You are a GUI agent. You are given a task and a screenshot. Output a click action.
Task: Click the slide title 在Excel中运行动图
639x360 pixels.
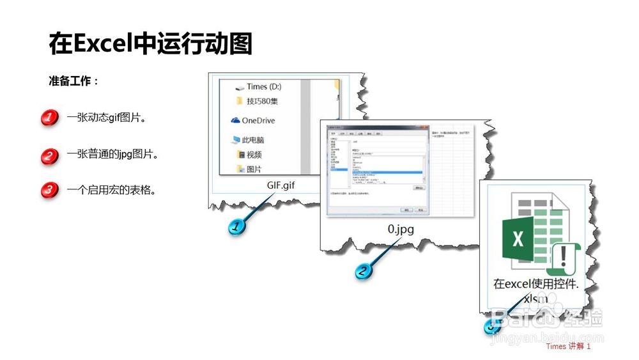[x=151, y=44]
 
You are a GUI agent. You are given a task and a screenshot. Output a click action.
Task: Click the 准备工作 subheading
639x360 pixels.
[x=73, y=82]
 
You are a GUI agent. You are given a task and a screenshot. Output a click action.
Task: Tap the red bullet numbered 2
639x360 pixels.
[x=50, y=155]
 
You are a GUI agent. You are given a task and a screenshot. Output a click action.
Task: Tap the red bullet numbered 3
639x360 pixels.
[x=50, y=190]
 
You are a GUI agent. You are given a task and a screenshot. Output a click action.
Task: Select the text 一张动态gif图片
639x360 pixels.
[x=107, y=118]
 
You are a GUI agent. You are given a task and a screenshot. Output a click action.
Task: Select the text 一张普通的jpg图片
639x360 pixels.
[x=112, y=154]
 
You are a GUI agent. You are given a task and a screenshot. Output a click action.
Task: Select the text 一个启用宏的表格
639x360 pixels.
[x=111, y=190]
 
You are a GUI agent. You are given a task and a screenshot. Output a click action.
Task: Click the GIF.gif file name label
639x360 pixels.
[x=281, y=185]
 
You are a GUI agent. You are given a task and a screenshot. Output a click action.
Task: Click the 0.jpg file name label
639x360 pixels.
[x=401, y=228]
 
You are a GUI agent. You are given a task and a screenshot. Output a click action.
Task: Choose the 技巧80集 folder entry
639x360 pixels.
[x=262, y=101]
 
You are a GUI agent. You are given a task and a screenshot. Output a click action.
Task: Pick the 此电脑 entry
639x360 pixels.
[x=253, y=139]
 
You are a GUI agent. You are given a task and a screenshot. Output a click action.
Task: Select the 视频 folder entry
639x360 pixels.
[x=254, y=155]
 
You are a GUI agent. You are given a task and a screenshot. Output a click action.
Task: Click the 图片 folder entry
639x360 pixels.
[x=254, y=169]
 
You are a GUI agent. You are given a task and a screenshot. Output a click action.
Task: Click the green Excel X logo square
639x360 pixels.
[x=518, y=240]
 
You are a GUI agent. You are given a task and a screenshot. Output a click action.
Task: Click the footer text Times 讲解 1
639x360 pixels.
[x=568, y=347]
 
